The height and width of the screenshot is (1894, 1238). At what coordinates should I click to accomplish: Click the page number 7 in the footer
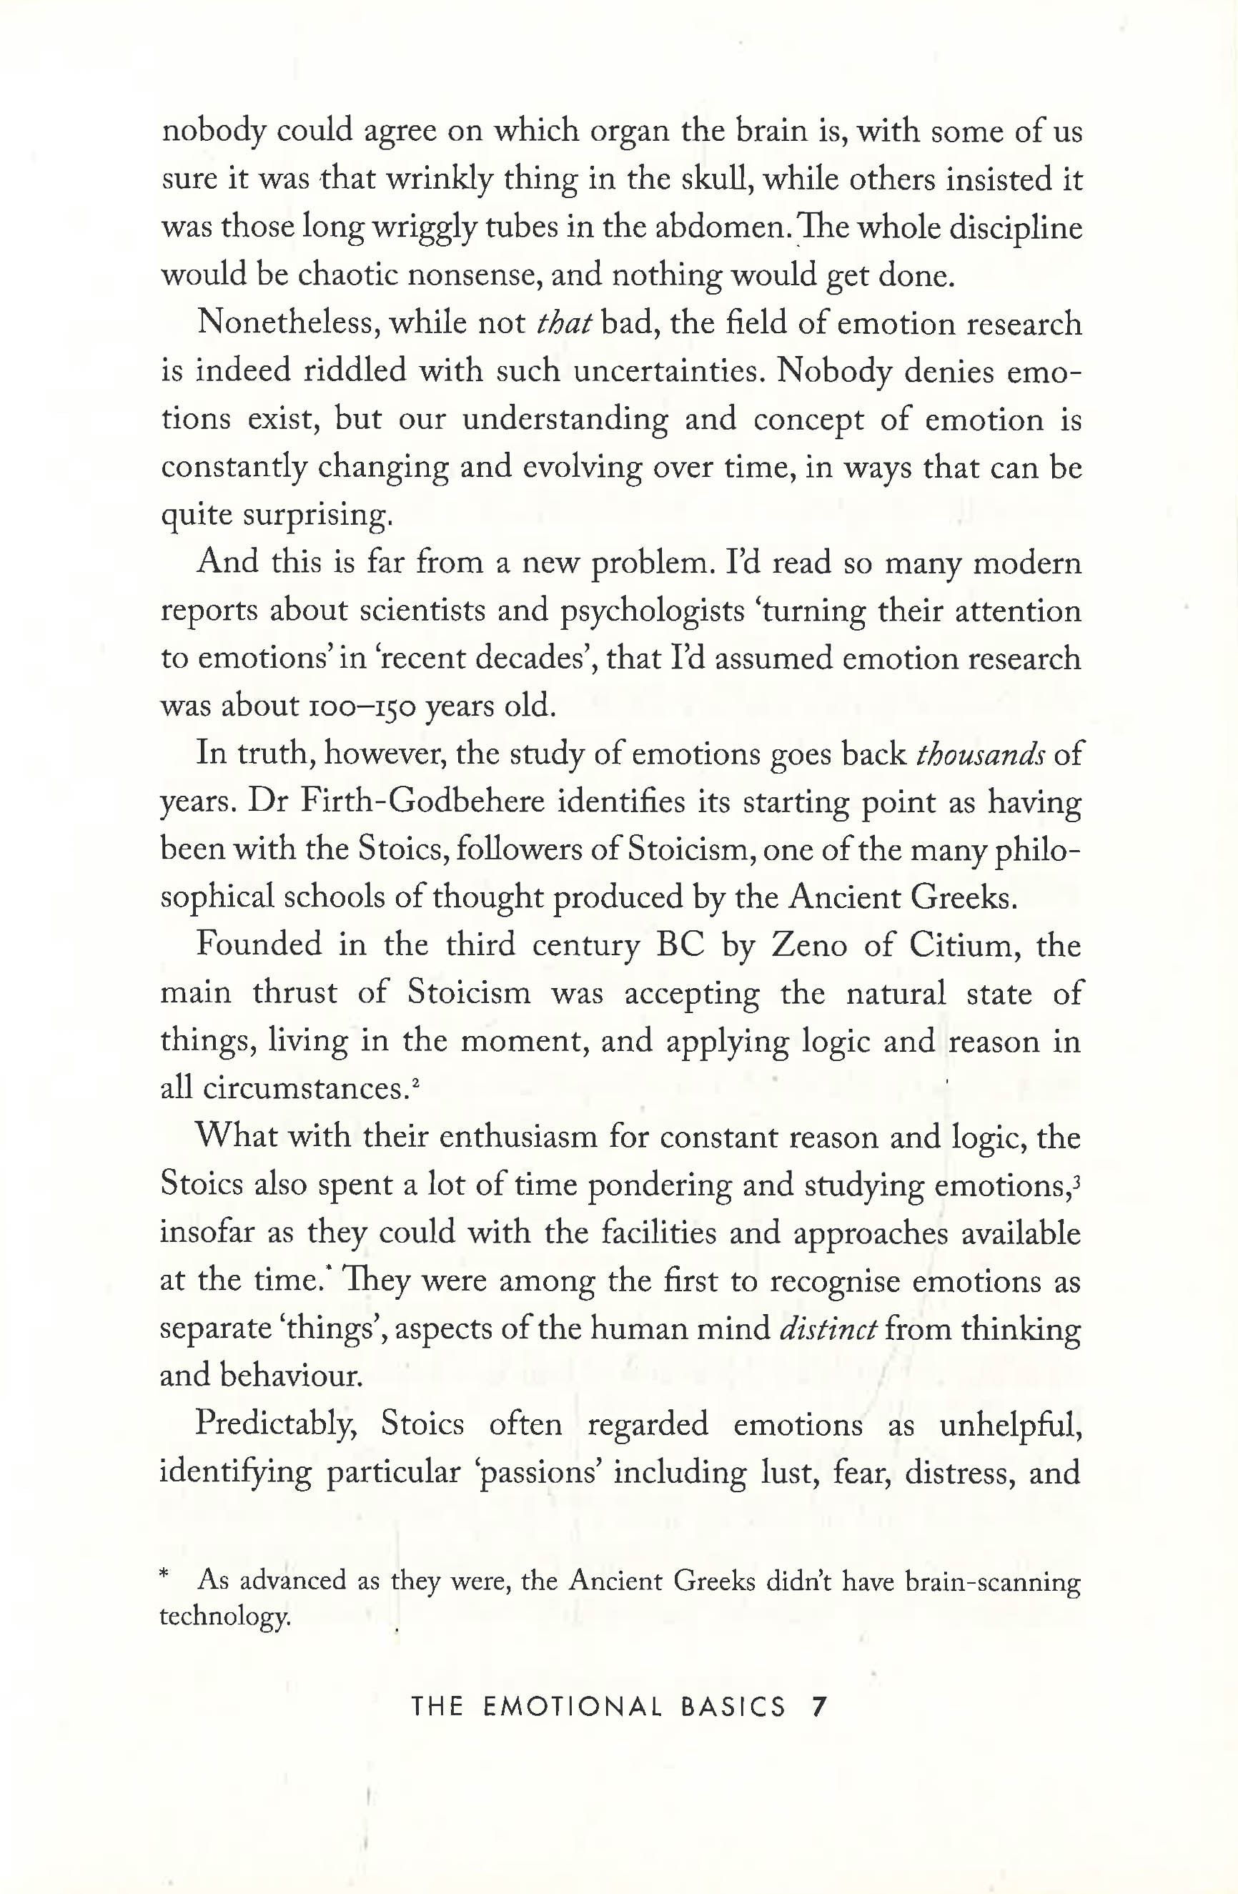(x=818, y=1706)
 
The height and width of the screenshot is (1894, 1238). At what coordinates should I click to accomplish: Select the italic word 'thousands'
(x=980, y=754)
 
